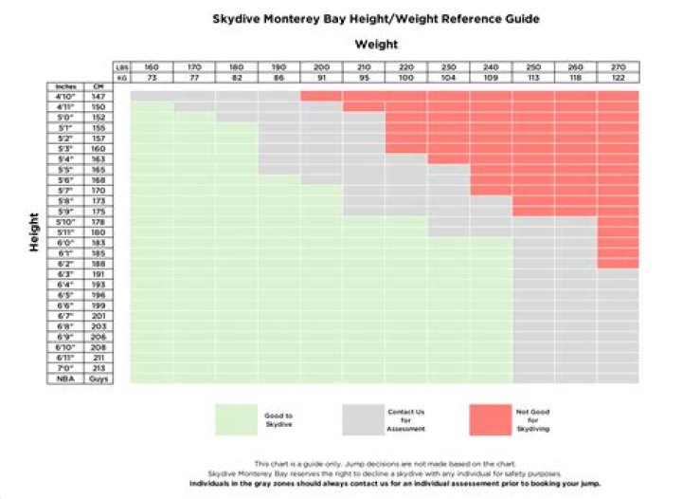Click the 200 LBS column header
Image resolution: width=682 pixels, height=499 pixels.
pos(321,66)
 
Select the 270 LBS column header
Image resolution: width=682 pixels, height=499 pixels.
pos(618,66)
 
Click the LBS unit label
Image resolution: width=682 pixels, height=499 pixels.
pos(121,66)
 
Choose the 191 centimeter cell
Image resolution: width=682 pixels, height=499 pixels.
pos(97,273)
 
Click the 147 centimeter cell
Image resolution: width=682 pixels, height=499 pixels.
pos(97,96)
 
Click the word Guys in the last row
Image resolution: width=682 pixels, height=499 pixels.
pos(97,378)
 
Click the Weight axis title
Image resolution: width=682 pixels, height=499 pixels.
pos(376,44)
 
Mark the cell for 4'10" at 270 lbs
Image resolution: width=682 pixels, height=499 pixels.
pos(618,96)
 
